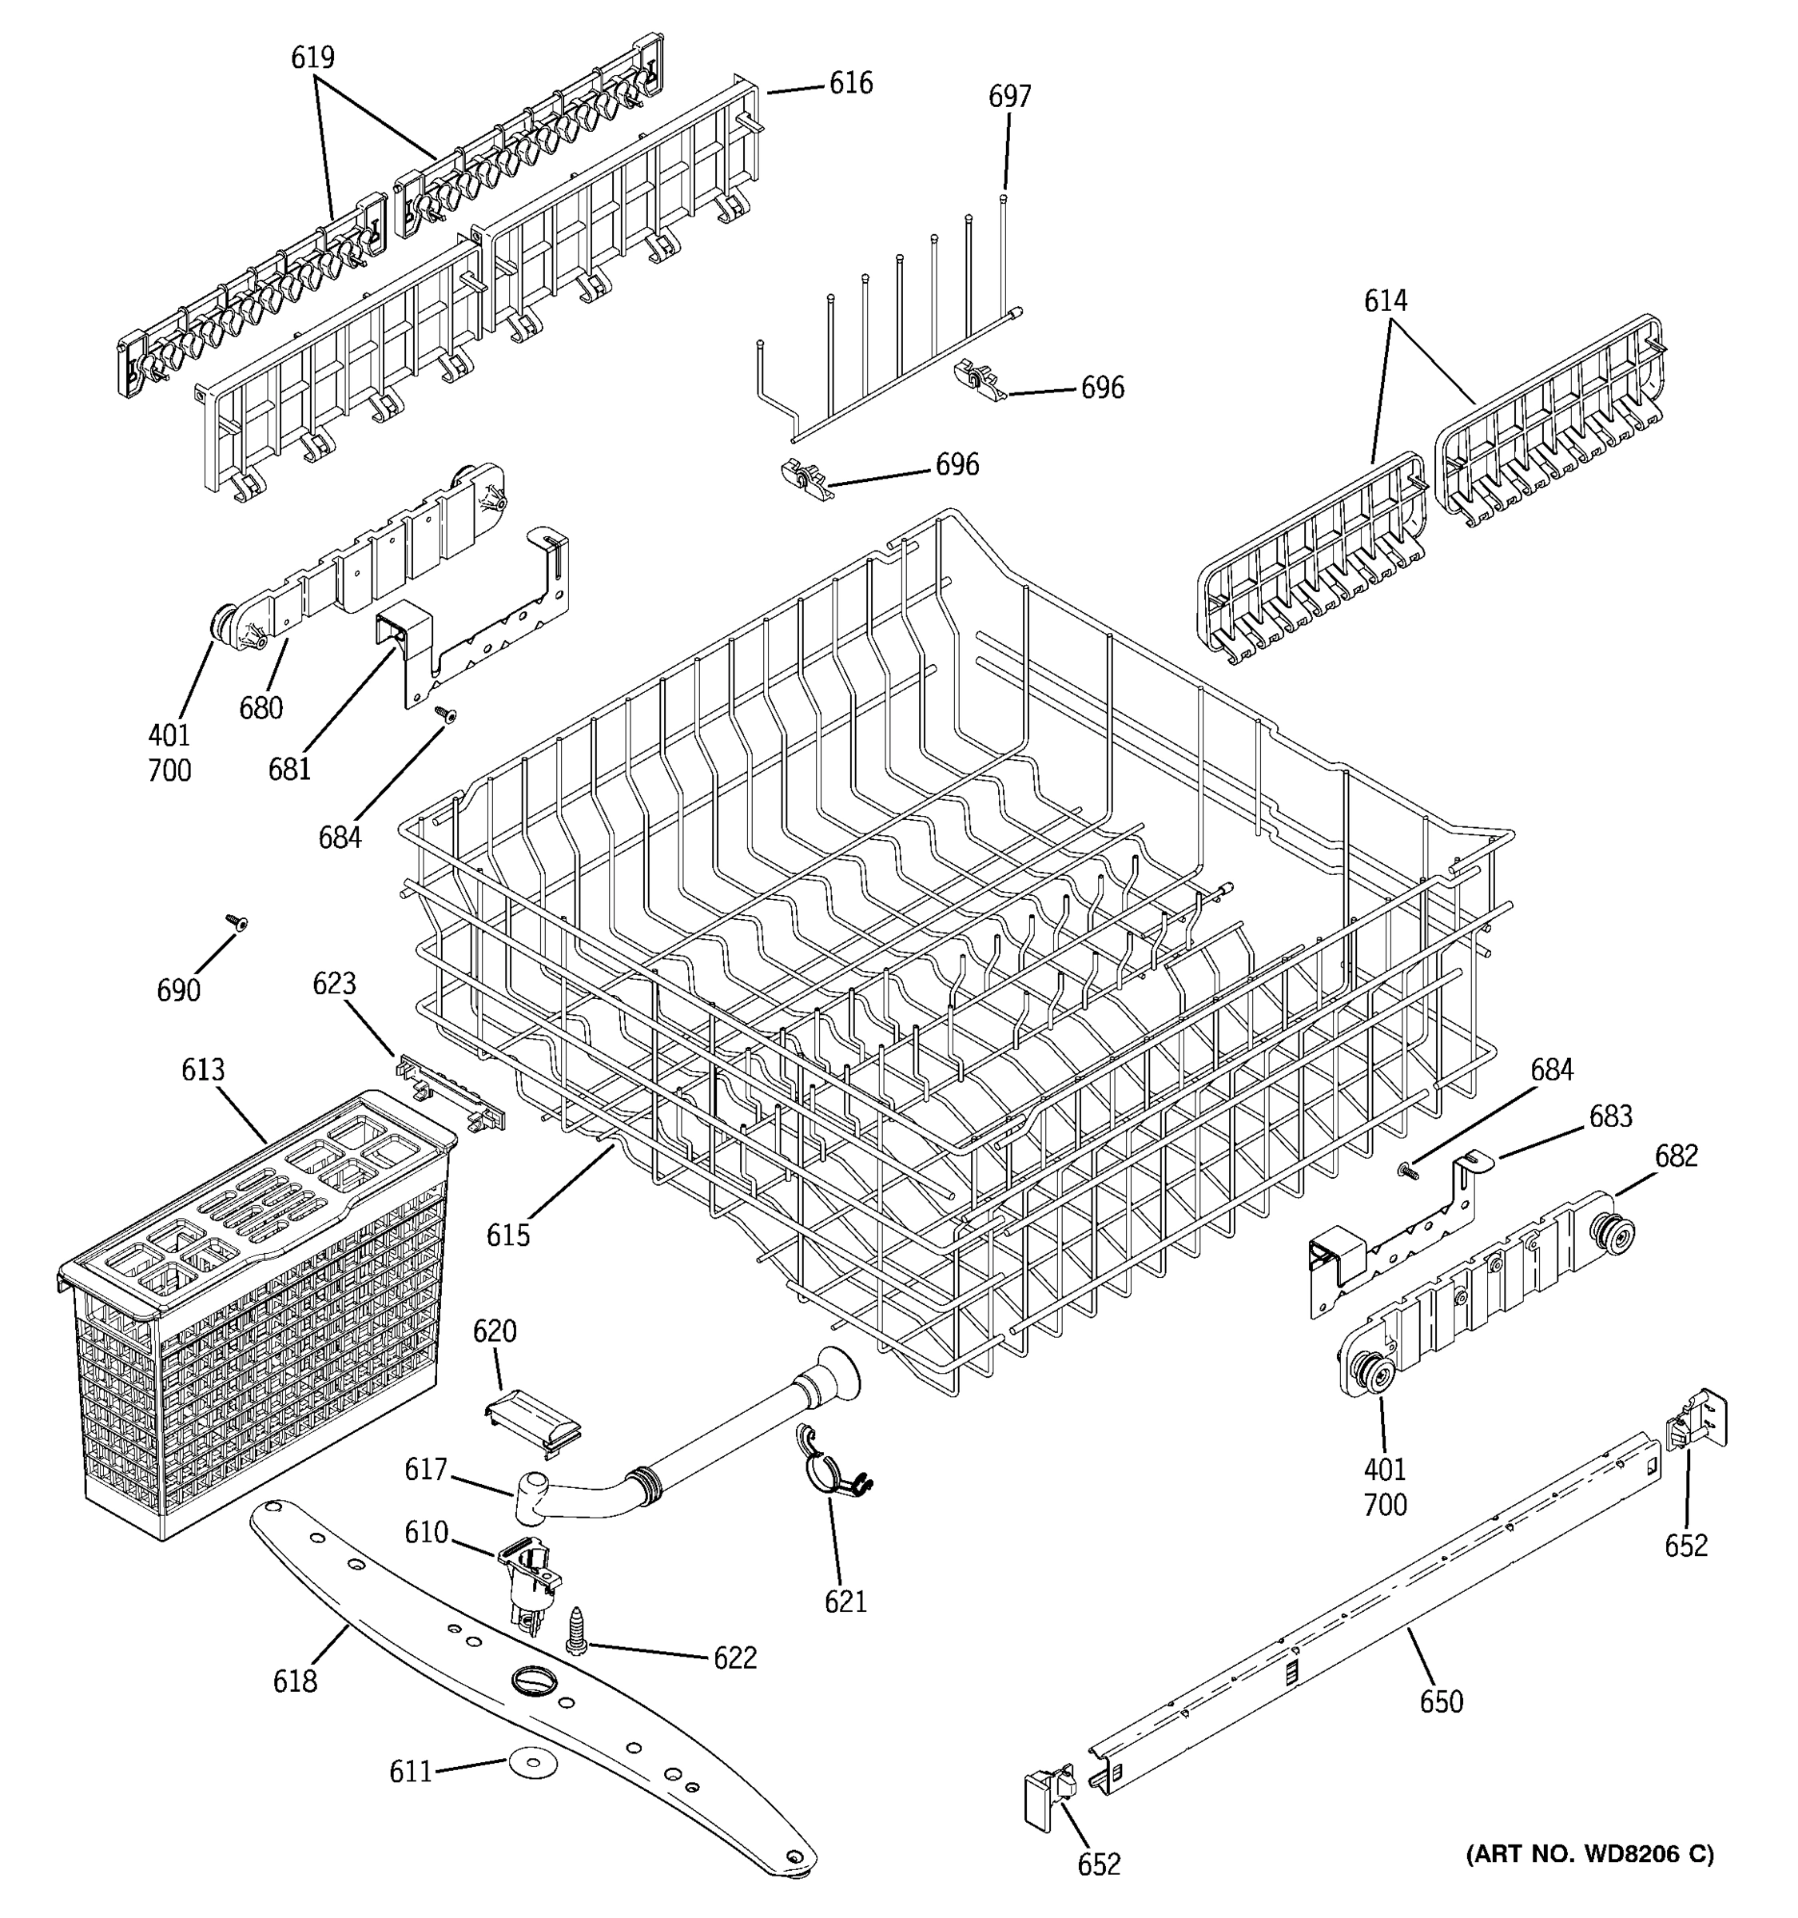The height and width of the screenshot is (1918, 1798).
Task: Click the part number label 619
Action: pos(312,58)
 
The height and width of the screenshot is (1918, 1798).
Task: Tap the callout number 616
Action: pos(851,84)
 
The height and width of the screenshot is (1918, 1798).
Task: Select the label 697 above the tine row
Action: pos(1009,97)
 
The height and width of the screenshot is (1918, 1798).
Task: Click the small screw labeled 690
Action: pos(234,922)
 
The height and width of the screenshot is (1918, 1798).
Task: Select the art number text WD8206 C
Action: pos(1589,1853)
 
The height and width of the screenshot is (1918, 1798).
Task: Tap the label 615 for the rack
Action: pos(508,1236)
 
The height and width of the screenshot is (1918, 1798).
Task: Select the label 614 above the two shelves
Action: pos(1385,301)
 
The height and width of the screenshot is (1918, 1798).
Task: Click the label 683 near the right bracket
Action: pos(1611,1116)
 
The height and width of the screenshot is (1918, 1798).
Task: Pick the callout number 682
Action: pos(1676,1156)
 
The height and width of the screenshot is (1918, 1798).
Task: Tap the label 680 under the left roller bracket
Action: pos(261,708)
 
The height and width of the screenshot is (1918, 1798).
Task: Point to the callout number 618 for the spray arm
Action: pos(295,1681)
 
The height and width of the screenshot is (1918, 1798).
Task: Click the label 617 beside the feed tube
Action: pos(425,1470)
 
